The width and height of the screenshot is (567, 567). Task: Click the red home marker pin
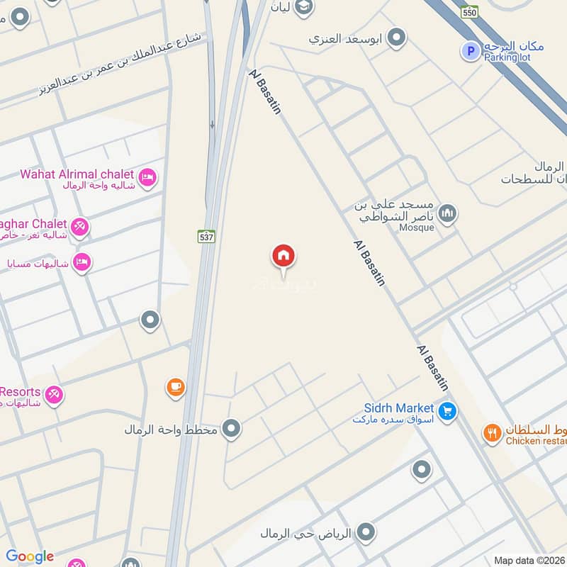283,257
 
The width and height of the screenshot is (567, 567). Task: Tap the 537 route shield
206,236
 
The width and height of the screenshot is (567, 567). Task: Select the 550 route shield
469,12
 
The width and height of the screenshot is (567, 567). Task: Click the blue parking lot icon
469,50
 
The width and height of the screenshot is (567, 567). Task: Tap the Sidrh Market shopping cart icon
447,410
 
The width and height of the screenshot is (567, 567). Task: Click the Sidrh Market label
400,408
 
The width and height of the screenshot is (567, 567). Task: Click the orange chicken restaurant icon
493,432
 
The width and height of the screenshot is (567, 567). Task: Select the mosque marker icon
447,213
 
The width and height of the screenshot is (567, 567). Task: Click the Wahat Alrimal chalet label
77,174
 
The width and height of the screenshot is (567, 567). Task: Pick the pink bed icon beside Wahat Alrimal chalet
147,177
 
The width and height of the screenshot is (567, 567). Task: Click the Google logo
30,556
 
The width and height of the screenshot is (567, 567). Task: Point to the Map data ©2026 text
529,560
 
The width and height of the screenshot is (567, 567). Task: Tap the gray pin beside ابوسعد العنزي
397,38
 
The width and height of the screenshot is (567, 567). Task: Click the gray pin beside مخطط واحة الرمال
230,429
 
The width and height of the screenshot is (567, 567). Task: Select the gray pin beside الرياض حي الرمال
366,532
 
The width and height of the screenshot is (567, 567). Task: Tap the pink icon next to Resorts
54,395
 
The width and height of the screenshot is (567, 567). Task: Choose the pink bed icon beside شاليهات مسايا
82,262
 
